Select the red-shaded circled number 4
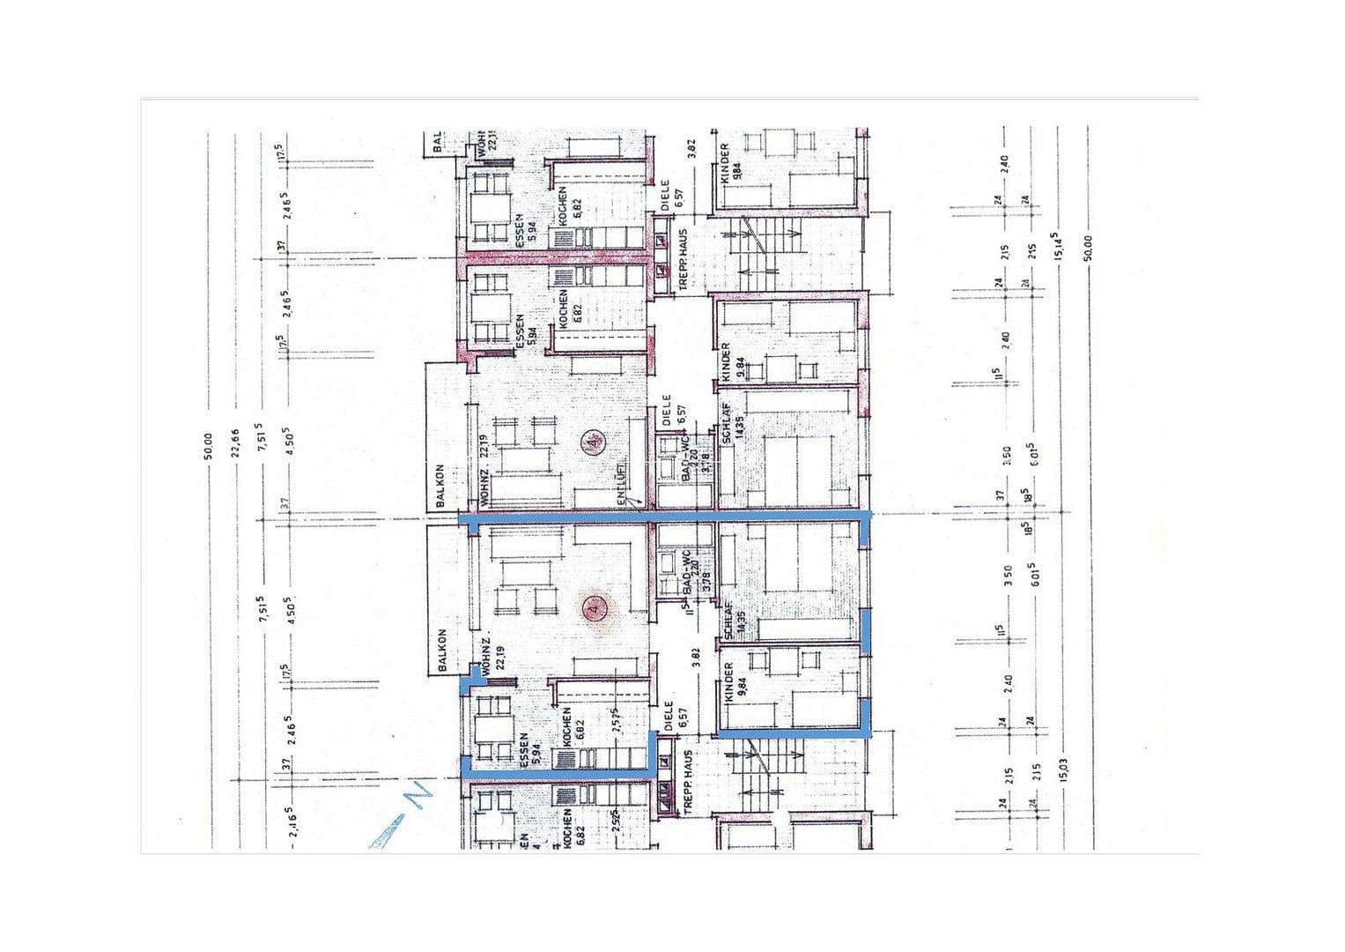(x=598, y=608)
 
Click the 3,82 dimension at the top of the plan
(x=691, y=150)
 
